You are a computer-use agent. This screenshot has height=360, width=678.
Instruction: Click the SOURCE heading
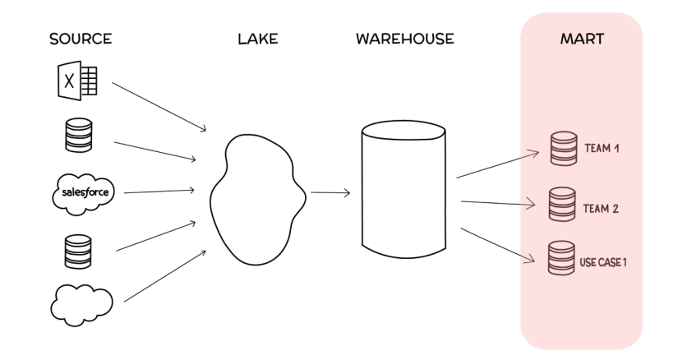pos(81,39)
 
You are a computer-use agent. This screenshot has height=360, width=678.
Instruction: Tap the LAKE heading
pos(258,39)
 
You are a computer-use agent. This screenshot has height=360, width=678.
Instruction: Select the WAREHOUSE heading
pos(405,39)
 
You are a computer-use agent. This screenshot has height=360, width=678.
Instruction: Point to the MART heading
pos(582,39)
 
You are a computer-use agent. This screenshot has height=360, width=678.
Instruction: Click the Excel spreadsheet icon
pos(78,81)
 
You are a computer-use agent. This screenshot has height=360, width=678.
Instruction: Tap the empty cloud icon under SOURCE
pos(81,305)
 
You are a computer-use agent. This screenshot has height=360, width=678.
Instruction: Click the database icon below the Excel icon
pos(79,135)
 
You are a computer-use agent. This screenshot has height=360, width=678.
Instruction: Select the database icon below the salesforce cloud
pos(78,252)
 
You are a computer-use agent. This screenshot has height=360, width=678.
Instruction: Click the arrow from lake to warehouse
pos(330,192)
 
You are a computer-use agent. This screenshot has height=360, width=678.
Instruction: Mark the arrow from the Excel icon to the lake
pos(159,107)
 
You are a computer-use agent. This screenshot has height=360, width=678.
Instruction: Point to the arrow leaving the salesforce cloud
pos(159,192)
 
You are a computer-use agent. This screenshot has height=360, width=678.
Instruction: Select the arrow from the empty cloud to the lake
pos(165,275)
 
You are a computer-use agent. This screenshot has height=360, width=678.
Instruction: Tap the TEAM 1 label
pos(602,149)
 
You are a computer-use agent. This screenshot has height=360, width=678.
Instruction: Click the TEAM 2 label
pos(601,209)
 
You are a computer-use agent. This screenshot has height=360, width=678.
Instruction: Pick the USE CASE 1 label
pos(603,262)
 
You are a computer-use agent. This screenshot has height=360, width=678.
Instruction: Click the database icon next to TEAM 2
pos(562,204)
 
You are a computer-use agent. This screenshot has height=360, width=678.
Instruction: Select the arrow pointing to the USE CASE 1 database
pos(498,245)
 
